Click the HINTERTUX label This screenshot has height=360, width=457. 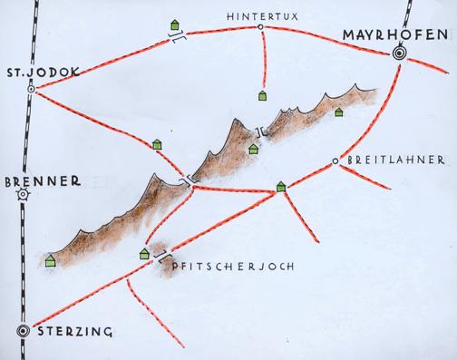[x=260, y=15]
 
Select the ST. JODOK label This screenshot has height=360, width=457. [x=37, y=73]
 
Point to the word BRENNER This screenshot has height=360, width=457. [x=37, y=180]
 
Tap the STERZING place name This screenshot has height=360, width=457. [x=75, y=332]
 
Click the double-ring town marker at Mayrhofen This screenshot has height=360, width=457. [x=399, y=54]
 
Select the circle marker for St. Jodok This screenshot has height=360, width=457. [x=32, y=90]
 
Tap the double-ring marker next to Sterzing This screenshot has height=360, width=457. [x=24, y=331]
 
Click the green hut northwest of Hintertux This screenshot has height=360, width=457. [x=173, y=25]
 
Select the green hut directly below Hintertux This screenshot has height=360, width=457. [x=263, y=94]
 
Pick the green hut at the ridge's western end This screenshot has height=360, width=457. [x=50, y=262]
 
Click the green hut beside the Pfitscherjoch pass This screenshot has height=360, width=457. [x=144, y=254]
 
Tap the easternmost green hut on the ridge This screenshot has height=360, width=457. [x=339, y=112]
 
